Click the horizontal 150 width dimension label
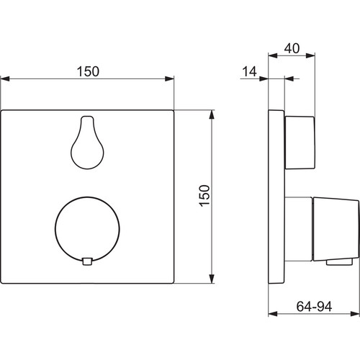pos(88,71)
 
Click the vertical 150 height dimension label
pos(204,196)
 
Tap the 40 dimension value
pos(292,48)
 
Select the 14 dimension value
pos(249,71)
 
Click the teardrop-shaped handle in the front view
pos(87,143)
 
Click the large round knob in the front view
pos(87,229)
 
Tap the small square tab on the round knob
pos(87,261)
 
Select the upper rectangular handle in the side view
pos(300,143)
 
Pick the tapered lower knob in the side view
pos(336,229)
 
